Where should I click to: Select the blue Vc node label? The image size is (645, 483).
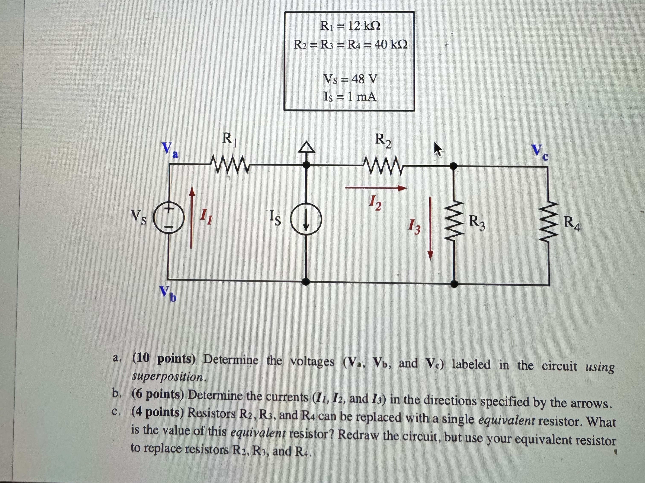pyautogui.click(x=539, y=152)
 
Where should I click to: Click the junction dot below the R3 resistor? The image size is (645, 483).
pyautogui.click(x=454, y=284)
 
